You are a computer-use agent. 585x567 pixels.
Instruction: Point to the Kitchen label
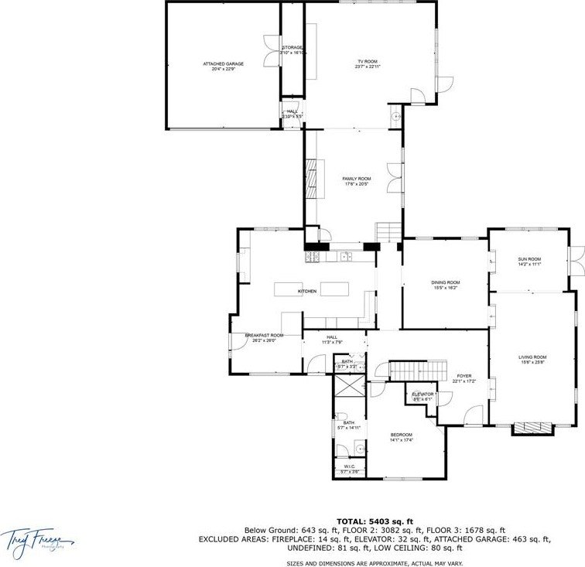(308, 291)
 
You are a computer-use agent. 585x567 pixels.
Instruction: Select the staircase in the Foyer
(418, 370)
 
